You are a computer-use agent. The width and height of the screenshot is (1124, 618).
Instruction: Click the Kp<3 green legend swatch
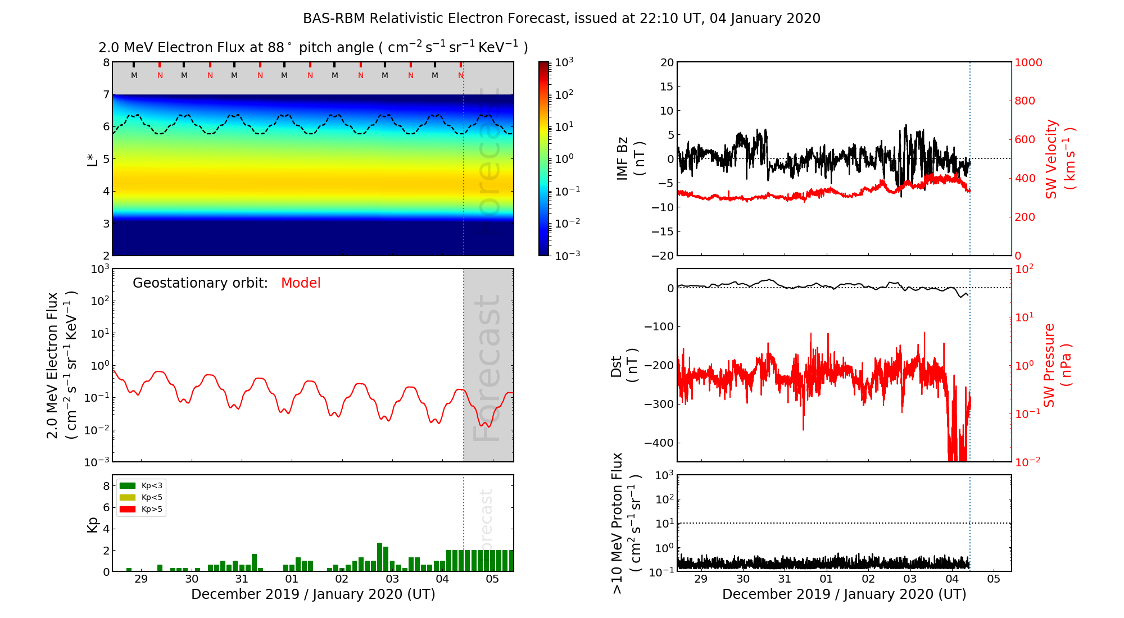(x=128, y=486)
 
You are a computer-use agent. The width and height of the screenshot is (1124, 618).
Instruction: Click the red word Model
(x=301, y=283)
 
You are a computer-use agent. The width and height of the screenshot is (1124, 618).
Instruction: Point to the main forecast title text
(x=561, y=19)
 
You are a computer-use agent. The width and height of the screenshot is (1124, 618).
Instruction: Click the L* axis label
(x=92, y=158)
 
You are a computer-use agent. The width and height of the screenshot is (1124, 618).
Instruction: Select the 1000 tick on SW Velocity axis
(x=1028, y=62)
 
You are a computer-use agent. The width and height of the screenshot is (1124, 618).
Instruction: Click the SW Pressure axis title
(x=1057, y=365)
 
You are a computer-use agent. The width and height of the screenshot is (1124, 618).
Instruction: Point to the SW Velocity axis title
(x=1060, y=158)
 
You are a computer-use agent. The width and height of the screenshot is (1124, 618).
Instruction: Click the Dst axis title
(x=624, y=365)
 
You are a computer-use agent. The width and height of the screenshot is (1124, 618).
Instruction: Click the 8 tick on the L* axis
(x=106, y=62)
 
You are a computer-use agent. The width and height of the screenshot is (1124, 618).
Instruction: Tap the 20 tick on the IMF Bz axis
(x=667, y=62)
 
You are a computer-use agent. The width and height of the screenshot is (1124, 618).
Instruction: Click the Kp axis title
(x=93, y=524)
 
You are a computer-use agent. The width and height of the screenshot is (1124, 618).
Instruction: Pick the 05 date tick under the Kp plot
(x=492, y=579)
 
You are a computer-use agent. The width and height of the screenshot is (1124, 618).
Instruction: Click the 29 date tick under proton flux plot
(x=701, y=579)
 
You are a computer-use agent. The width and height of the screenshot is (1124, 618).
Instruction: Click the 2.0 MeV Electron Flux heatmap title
(x=313, y=48)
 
